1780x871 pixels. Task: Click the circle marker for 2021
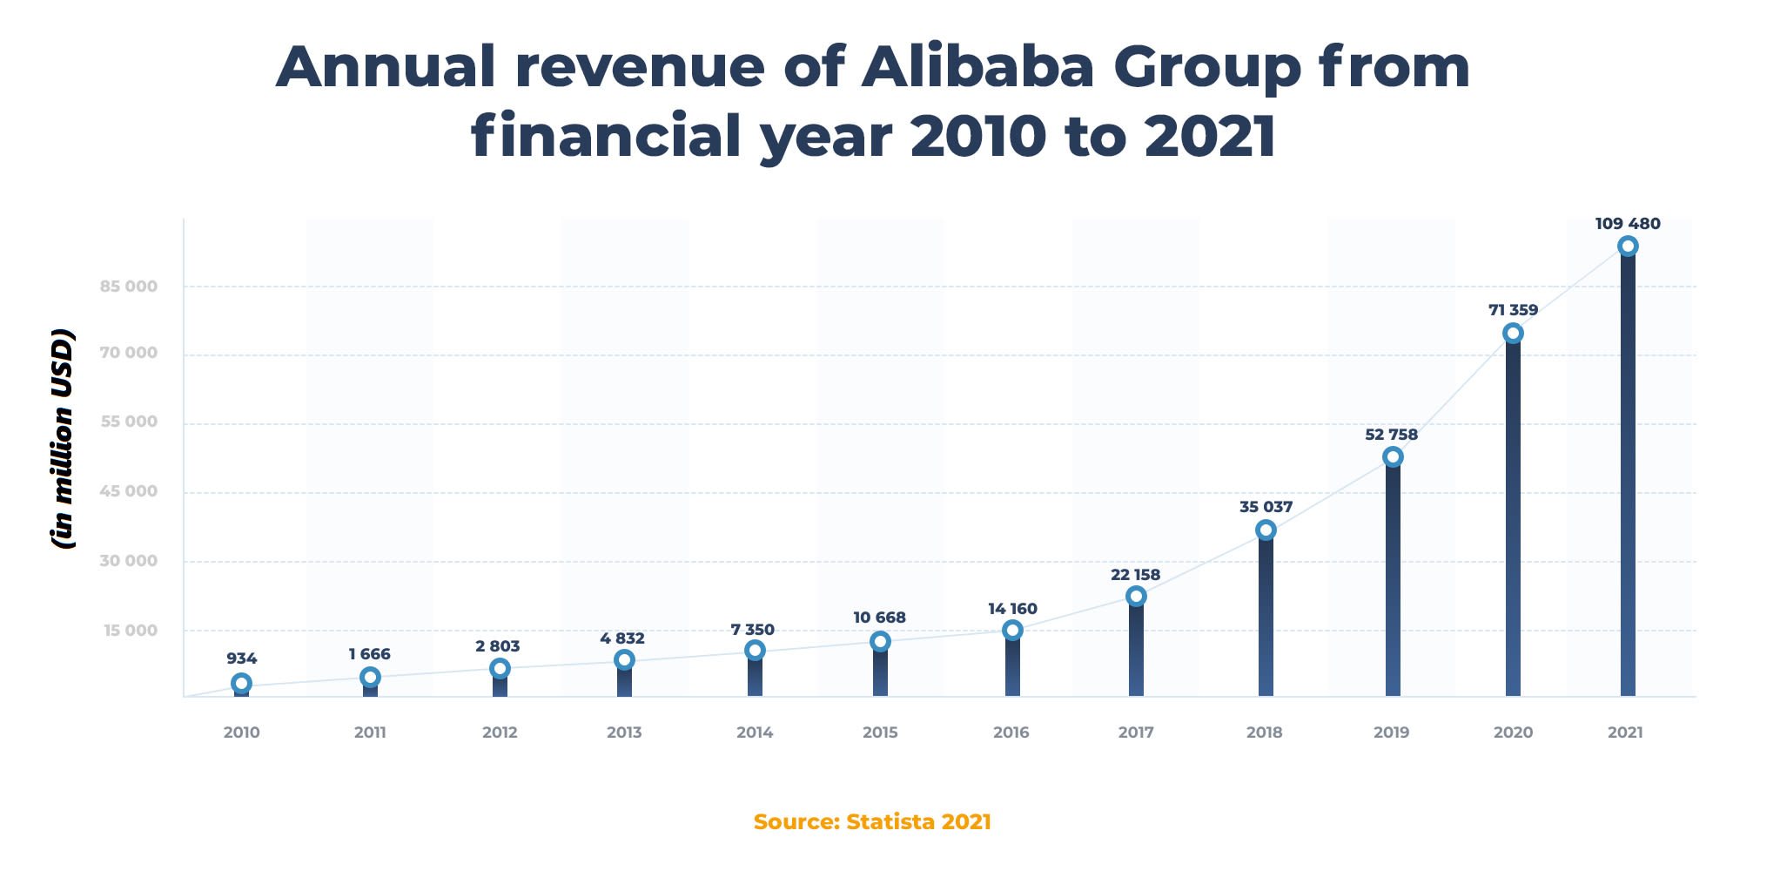tap(1627, 246)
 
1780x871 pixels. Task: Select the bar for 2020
tap(1513, 523)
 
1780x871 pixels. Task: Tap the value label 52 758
tap(1391, 435)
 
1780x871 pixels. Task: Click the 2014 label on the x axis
tap(755, 733)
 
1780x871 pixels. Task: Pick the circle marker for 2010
tap(242, 683)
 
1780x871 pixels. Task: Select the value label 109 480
tap(1627, 224)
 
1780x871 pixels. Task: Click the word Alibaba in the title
tap(977, 67)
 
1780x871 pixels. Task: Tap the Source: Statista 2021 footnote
tap(872, 822)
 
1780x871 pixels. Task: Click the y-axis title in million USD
tap(63, 438)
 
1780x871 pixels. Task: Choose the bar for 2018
tap(1266, 618)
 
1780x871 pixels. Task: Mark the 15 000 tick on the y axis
tap(131, 631)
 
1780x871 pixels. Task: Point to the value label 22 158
tap(1135, 575)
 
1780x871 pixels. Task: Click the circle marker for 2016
tap(1012, 631)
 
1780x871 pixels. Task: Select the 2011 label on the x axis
tap(370, 733)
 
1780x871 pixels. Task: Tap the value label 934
tap(242, 659)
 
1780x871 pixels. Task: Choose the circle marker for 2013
tap(624, 660)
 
